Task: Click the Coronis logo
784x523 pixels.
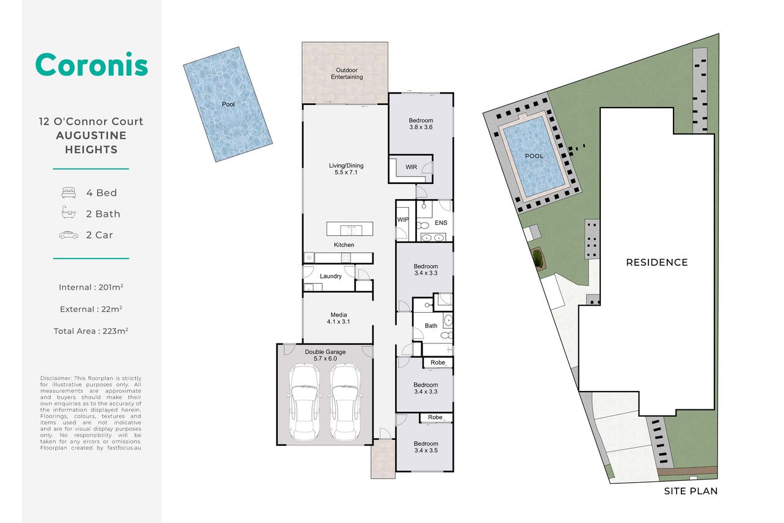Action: [x=92, y=64]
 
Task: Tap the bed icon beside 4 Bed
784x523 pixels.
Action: [x=68, y=192]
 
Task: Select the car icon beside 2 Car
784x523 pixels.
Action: [x=68, y=235]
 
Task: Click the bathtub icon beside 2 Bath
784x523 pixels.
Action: [x=68, y=212]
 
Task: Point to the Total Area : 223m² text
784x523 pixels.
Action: [x=91, y=331]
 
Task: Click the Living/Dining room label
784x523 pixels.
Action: [x=346, y=169]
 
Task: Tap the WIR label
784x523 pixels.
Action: [x=412, y=167]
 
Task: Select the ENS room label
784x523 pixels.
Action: [x=441, y=223]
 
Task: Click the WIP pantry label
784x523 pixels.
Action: [x=403, y=219]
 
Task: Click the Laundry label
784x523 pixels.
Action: [x=331, y=276]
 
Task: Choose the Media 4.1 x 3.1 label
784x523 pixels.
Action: [x=338, y=318]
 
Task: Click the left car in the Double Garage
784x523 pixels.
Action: [x=304, y=403]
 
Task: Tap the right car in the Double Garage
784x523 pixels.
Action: [x=345, y=403]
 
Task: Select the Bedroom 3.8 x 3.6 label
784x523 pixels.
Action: [x=421, y=123]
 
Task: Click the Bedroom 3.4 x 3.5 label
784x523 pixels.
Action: [x=426, y=447]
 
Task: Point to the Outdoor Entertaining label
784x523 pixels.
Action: [x=347, y=73]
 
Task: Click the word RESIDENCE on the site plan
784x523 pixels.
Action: [x=657, y=262]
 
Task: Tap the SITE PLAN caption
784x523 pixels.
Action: [x=691, y=491]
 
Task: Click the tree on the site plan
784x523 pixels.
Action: [x=537, y=258]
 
